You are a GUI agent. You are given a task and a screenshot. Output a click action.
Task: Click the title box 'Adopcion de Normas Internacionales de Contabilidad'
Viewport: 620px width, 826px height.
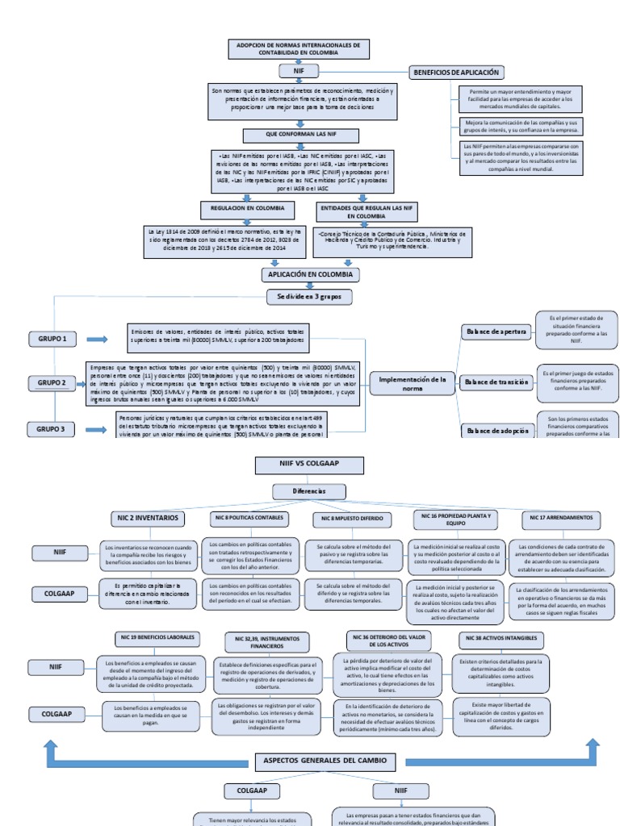point(300,48)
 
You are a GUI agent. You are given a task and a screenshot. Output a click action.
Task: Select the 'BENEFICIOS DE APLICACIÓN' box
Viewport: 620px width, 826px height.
point(457,72)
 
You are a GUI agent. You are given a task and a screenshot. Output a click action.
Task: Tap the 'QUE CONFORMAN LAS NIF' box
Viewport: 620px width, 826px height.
point(300,135)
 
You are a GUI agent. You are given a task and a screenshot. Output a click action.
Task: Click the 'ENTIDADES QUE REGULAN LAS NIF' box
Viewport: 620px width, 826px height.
point(355,212)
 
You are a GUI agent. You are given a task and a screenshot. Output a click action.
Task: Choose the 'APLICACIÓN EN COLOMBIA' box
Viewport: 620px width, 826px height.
point(311,275)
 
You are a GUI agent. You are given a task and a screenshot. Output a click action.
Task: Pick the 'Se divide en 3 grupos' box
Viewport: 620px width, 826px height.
point(310,297)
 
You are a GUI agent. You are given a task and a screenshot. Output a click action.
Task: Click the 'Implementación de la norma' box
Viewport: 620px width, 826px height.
point(412,383)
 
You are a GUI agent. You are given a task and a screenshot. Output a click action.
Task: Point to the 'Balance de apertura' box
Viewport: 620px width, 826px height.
point(495,331)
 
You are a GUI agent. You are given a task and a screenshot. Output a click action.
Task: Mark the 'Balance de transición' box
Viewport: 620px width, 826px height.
point(496,382)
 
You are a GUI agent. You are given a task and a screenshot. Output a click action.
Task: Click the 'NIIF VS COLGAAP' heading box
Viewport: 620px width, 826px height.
point(300,465)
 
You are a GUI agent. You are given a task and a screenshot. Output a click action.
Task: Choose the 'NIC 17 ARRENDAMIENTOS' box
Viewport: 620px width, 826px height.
point(563,517)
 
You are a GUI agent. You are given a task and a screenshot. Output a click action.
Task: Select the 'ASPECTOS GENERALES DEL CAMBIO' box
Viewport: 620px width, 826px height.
point(325,761)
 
